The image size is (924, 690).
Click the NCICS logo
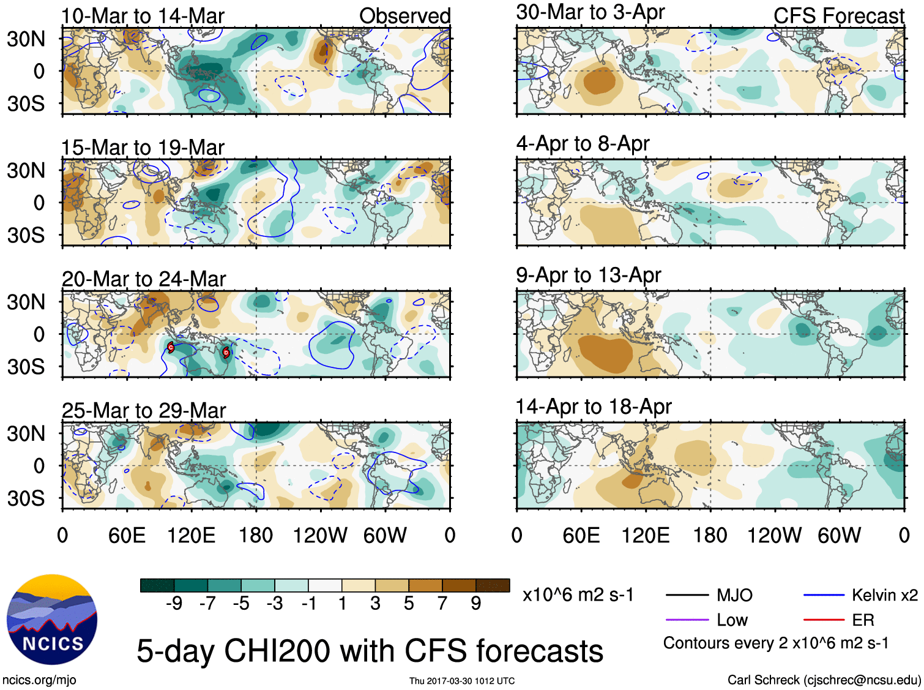click(52, 620)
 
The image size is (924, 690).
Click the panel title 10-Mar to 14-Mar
click(143, 16)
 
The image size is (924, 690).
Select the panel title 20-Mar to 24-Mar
click(144, 279)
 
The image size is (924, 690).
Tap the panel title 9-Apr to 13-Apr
click(588, 275)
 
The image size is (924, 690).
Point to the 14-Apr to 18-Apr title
click(594, 407)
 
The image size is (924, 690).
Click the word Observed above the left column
click(404, 16)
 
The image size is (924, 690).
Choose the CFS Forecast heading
click(838, 16)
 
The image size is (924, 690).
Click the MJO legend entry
click(734, 595)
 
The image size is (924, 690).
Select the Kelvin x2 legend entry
click(884, 595)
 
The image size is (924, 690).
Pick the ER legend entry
click(863, 620)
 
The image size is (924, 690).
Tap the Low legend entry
click(732, 620)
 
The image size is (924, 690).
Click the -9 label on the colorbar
click(174, 604)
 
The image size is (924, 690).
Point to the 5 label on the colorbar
click(408, 604)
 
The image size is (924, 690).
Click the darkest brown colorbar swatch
click(493, 585)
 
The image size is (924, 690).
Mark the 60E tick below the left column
click(127, 536)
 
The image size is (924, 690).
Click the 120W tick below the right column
click(774, 536)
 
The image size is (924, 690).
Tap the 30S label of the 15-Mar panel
click(26, 235)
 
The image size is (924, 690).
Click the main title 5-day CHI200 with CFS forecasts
click(370, 651)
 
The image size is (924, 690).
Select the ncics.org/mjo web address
click(39, 680)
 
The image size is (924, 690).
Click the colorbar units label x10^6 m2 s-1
click(578, 595)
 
